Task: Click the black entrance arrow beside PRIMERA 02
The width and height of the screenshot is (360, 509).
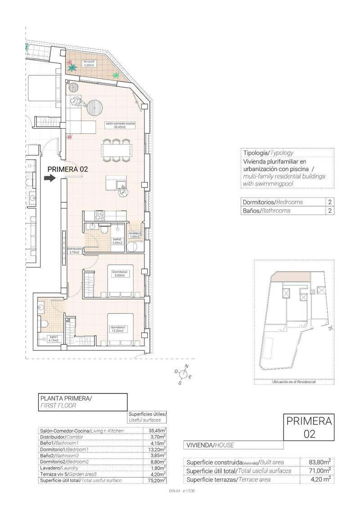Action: click(x=49, y=179)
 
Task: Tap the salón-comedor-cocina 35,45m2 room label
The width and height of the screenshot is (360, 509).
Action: click(x=121, y=125)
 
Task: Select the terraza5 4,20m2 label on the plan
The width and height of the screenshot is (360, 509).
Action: click(x=88, y=63)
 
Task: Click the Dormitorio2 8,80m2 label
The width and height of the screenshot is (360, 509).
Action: click(x=120, y=274)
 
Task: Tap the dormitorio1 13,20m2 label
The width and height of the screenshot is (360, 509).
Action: click(x=119, y=329)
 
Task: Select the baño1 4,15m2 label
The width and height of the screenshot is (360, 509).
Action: click(x=54, y=339)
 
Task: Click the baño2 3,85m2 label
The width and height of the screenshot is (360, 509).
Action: click(x=117, y=241)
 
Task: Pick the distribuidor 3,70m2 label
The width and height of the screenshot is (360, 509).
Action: click(x=74, y=250)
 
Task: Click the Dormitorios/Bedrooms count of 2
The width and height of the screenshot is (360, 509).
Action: click(x=330, y=202)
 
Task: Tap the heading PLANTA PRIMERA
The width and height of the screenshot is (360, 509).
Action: click(x=66, y=398)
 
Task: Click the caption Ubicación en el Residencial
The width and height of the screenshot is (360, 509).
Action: click(x=294, y=382)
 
